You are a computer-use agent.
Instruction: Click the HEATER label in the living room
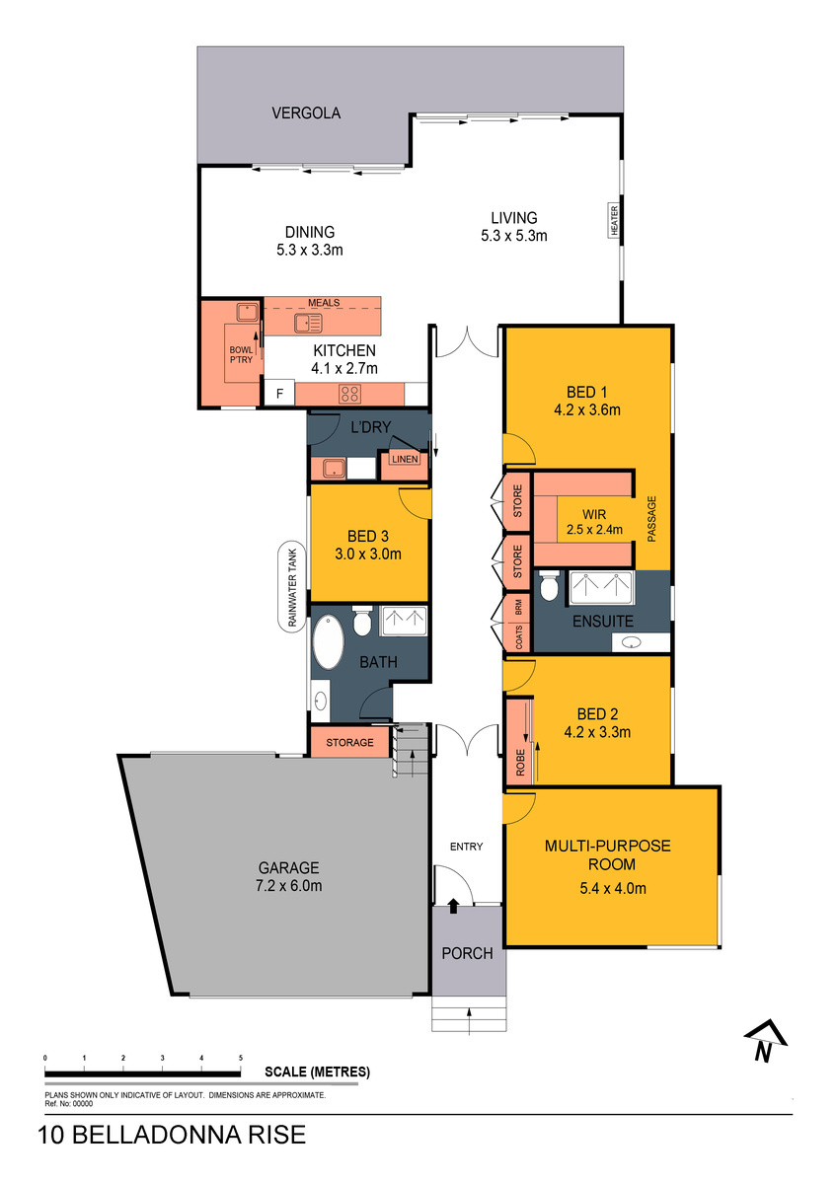614,220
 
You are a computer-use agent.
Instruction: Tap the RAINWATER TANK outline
279,586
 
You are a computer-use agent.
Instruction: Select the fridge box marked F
279,394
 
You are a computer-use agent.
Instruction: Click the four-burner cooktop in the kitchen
349,394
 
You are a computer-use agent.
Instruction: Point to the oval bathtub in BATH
329,641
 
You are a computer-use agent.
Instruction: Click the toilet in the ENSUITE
548,585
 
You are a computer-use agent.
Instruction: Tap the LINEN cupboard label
405,459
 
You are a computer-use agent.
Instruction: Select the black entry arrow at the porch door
453,906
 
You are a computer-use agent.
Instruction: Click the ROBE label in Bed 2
520,762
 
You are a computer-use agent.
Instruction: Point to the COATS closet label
518,637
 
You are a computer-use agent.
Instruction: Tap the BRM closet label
518,606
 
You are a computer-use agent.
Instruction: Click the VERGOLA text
306,113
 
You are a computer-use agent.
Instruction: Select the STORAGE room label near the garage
349,743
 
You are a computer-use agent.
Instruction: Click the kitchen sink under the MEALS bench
308,323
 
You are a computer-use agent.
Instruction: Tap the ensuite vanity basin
631,642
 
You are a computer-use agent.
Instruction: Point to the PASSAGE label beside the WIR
651,519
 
